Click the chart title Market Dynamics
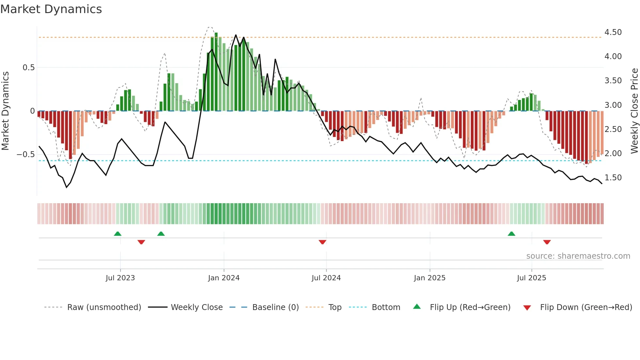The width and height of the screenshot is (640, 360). (x=51, y=9)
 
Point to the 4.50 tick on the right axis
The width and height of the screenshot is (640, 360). (x=613, y=32)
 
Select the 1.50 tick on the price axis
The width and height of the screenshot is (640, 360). (x=613, y=178)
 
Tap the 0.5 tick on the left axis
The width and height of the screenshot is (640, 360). (x=28, y=68)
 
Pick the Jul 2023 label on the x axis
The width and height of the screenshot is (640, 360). (x=120, y=278)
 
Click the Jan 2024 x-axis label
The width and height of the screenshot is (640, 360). (x=224, y=278)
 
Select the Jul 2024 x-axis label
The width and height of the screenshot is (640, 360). (x=326, y=278)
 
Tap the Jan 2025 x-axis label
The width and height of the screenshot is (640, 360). (x=429, y=278)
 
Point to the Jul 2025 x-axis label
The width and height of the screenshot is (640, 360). (x=531, y=278)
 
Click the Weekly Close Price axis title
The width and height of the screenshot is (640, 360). (x=634, y=111)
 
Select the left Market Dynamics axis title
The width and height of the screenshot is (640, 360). (x=5, y=111)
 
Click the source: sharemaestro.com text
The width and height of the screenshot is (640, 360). (x=578, y=256)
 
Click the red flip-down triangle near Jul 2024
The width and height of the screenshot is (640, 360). (x=322, y=242)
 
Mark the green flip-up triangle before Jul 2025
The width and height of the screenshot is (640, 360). (x=511, y=234)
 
